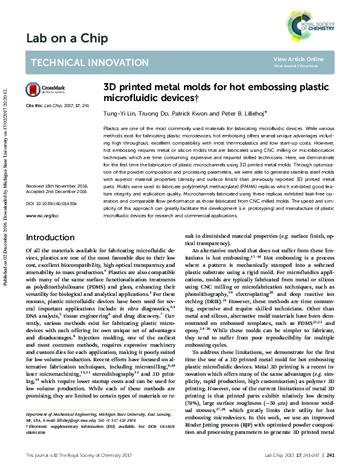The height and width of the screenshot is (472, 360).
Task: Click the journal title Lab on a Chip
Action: (67, 39)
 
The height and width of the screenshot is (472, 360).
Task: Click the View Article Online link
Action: (298, 59)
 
